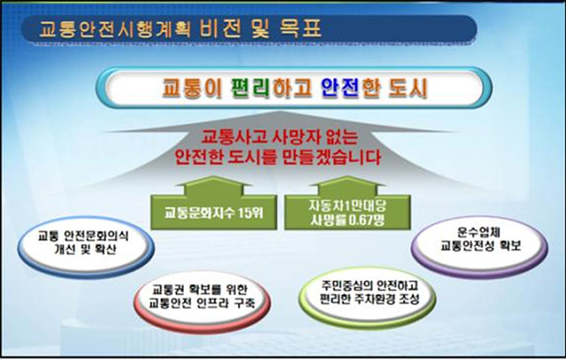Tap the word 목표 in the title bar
(301, 28)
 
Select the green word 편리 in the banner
(250, 88)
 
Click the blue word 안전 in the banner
(340, 88)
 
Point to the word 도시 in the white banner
(408, 88)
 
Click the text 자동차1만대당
(348, 206)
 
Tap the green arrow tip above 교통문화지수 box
(213, 177)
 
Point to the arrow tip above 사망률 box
(348, 177)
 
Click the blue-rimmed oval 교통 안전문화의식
(86, 247)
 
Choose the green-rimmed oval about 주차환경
(368, 296)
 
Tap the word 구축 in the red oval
(244, 303)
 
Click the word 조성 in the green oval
(409, 299)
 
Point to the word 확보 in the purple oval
(510, 246)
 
